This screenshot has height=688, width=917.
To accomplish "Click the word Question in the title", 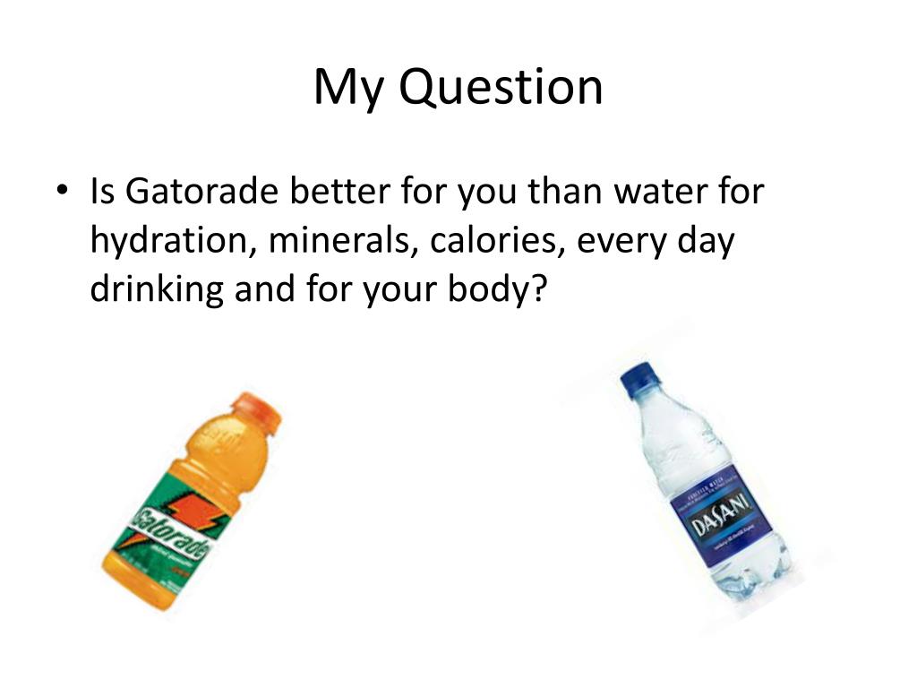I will coord(500,89).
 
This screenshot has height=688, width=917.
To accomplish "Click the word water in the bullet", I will coord(637,192).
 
